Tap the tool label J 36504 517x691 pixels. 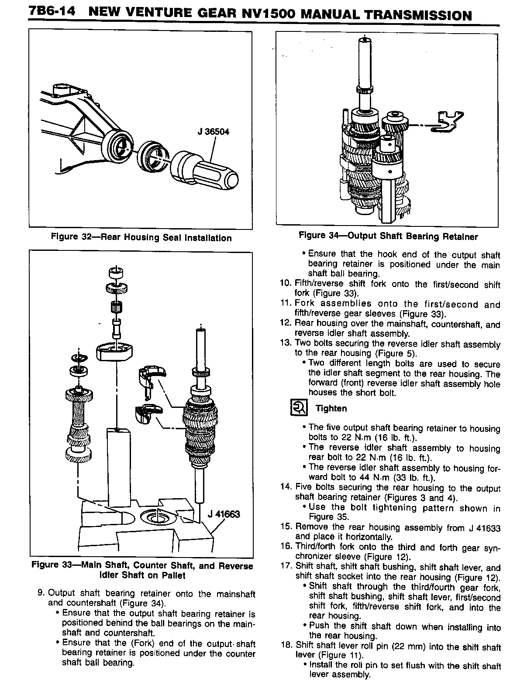coord(213,131)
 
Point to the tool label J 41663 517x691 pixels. coord(224,513)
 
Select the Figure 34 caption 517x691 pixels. coord(388,236)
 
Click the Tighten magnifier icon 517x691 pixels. coord(299,408)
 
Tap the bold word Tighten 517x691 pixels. coord(331,408)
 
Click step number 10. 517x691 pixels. coord(285,284)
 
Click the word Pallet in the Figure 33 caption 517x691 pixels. coord(172,575)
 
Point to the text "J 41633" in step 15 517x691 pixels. coord(485,528)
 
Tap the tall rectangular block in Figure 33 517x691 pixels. coord(119,467)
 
